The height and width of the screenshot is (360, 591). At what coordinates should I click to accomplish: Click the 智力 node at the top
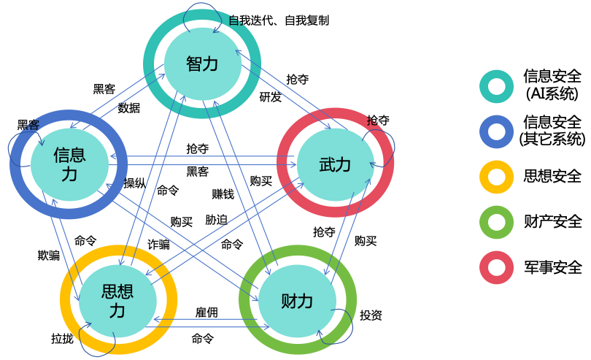point(202,64)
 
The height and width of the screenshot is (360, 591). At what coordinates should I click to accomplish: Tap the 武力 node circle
point(335,164)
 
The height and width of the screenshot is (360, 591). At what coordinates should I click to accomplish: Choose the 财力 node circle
point(296,301)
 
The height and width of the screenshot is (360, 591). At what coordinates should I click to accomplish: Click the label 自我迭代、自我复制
point(279,20)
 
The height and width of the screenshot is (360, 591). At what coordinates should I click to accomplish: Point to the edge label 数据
point(129,108)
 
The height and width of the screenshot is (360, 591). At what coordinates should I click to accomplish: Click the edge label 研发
point(271,97)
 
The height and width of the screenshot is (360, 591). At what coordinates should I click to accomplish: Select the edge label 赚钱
point(223,194)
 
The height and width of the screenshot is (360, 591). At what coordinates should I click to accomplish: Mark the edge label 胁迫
point(216,219)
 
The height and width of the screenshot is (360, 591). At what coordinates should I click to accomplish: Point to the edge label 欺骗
point(49,255)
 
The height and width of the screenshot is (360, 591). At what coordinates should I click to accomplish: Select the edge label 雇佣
point(206,313)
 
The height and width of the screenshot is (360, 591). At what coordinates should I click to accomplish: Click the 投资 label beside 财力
point(371,315)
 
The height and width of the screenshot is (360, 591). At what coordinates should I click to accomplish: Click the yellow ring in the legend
point(496,177)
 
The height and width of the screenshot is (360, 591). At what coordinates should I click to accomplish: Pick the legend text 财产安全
point(552,221)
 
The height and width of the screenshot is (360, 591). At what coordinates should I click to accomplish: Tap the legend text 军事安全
point(552,267)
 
